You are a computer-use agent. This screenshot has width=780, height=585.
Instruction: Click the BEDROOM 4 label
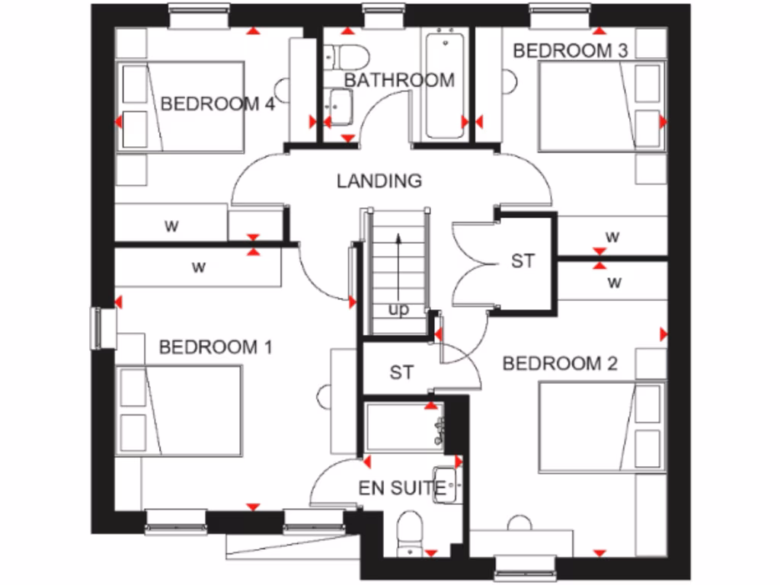[x=217, y=104]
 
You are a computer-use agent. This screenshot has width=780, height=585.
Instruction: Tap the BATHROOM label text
[x=399, y=80]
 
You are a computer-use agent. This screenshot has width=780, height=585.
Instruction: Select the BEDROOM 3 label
[x=571, y=51]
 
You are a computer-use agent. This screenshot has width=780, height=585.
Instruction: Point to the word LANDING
[x=379, y=181]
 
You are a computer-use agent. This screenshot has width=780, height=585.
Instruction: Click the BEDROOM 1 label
[x=216, y=347]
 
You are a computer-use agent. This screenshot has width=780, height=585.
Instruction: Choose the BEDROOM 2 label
[x=560, y=363]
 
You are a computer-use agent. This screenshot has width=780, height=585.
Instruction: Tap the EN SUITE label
[x=401, y=488]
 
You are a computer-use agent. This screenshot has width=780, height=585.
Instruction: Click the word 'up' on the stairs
[x=398, y=309]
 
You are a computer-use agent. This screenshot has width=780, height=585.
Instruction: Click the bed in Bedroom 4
[x=183, y=107]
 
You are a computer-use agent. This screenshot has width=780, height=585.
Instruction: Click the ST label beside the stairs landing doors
[x=523, y=261]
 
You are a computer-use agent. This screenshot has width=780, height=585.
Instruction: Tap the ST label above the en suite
[x=401, y=372]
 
